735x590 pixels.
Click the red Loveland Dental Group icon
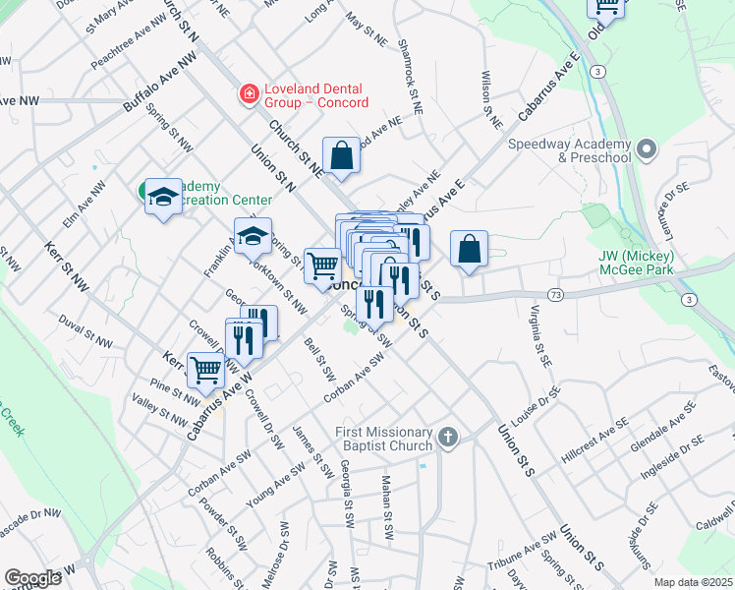pyautogui.click(x=250, y=95)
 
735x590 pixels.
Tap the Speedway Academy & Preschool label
pyautogui.click(x=569, y=150)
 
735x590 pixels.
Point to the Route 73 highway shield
pyautogui.click(x=556, y=294)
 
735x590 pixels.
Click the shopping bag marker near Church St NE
pyautogui.click(x=341, y=155)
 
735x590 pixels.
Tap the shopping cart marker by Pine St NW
pyautogui.click(x=205, y=370)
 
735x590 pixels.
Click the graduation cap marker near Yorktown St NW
pyautogui.click(x=253, y=236)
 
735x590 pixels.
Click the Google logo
pyautogui.click(x=33, y=578)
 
